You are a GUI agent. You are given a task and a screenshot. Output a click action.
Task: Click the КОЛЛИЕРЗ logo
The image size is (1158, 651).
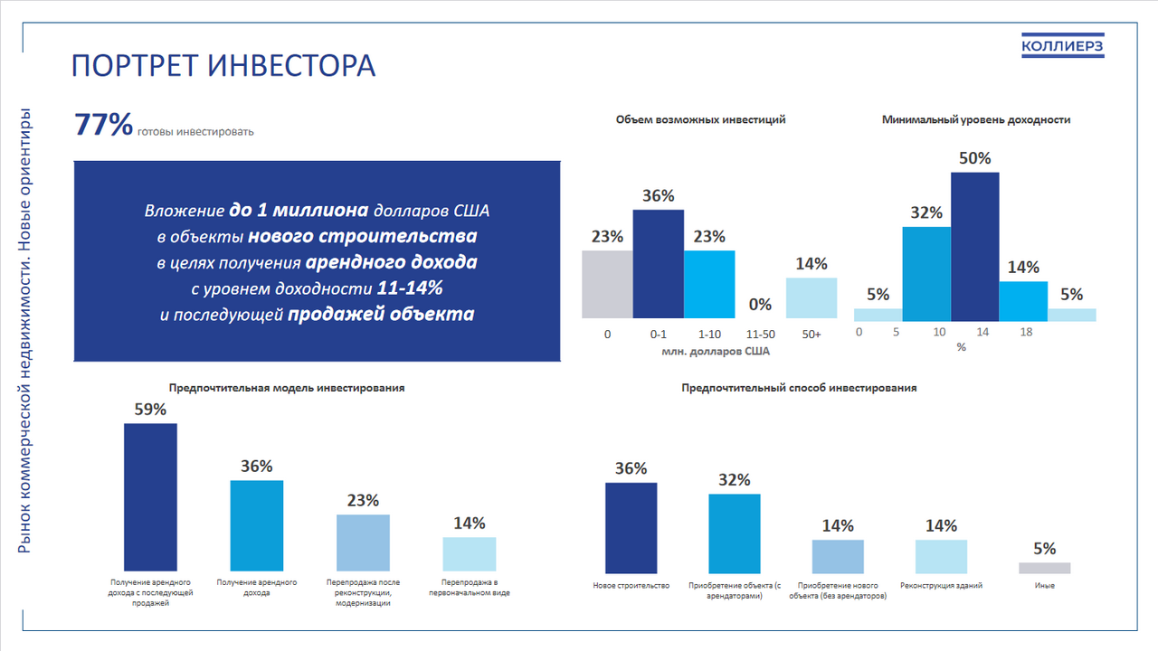coord(1062,46)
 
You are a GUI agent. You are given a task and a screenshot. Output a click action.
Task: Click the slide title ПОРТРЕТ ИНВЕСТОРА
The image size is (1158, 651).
coord(223,66)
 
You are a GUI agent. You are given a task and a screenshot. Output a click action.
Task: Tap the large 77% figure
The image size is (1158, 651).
coord(104,125)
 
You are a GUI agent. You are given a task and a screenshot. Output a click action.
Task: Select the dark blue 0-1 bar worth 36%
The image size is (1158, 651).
coord(658,263)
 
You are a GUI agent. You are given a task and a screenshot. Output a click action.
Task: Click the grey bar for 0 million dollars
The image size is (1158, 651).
coord(607,284)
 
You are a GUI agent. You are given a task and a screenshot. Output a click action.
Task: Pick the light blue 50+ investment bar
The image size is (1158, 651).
coord(812,297)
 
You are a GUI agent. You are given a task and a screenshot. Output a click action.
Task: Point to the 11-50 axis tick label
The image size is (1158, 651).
coord(761,335)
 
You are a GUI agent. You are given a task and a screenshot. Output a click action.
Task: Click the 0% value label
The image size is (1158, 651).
coord(761,305)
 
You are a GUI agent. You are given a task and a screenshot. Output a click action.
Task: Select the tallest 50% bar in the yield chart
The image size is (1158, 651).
coord(975,246)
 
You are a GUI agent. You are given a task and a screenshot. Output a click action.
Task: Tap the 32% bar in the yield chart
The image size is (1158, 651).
coord(926,273)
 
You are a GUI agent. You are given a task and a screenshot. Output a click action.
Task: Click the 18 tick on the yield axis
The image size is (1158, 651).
coord(1026,333)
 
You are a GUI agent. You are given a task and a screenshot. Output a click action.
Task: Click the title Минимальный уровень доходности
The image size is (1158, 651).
coord(976,119)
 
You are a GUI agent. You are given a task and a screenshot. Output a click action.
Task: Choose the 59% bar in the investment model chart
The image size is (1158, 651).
coord(150,495)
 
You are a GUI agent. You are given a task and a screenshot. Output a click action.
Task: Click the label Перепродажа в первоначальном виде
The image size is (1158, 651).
coord(469,588)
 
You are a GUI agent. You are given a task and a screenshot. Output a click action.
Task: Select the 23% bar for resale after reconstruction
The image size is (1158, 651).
coord(363,541)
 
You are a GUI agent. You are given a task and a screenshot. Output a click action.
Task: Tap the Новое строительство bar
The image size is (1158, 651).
coord(631,528)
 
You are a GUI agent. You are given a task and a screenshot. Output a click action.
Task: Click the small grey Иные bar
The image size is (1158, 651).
coord(1044,568)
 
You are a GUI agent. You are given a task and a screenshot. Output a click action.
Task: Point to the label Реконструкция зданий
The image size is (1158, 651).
coord(941,586)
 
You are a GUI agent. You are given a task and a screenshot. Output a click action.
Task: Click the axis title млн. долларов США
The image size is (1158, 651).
coord(709,351)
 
